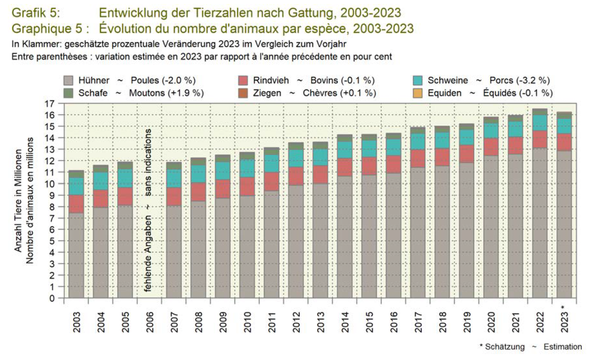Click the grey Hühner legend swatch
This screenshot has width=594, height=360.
tap(68, 80)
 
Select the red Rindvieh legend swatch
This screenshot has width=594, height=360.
tap(243, 80)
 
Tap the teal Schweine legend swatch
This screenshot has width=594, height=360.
tap(418, 80)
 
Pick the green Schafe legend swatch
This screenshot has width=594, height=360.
tap(68, 93)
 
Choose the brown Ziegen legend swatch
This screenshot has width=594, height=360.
tap(243, 93)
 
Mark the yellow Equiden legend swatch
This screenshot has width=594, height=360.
tap(418, 93)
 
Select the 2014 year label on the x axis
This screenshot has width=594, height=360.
tap(345, 322)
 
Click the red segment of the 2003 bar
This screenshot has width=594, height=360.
tap(76, 204)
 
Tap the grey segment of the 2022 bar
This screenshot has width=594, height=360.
tap(540, 222)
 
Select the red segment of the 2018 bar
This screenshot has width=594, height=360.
tap(442, 157)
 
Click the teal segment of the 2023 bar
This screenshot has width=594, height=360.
tap(564, 126)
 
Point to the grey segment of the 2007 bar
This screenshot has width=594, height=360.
tap(174, 250)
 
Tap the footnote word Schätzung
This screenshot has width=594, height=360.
tap(505, 347)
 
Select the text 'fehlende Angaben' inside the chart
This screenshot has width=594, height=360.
tap(148, 254)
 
